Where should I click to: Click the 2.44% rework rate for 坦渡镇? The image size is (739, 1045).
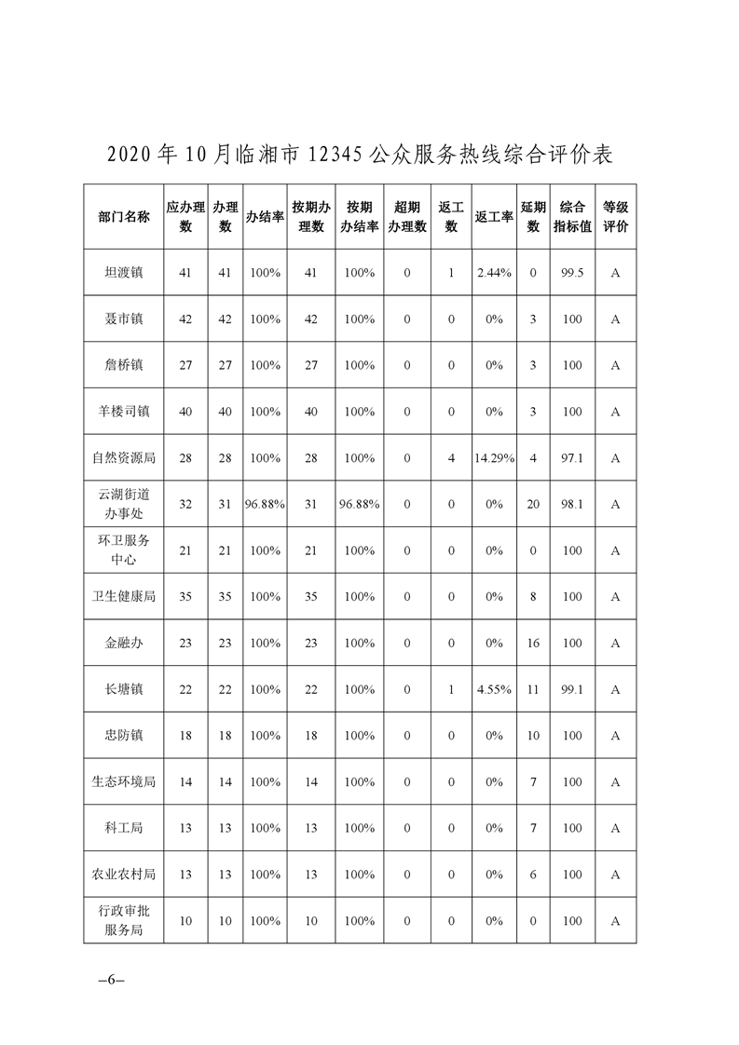494,273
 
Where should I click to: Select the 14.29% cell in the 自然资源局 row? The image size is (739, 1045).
494,458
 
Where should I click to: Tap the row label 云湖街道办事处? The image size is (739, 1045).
123,504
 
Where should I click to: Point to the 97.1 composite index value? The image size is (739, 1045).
572,458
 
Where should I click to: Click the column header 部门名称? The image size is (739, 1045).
123,217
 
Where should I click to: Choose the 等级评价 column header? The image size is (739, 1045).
615,217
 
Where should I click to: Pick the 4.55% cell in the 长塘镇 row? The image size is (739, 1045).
494,690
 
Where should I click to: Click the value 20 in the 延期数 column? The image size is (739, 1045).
533,504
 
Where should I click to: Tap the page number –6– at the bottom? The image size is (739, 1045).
111,981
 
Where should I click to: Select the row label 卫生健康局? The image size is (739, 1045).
123,597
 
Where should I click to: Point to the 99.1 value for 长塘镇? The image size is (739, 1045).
572,690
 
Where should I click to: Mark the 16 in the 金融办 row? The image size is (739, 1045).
533,644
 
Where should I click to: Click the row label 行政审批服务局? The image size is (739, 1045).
123,921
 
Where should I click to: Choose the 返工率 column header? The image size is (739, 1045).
494,217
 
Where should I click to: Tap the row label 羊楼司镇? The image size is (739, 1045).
123,412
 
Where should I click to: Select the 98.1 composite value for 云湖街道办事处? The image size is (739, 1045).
572,504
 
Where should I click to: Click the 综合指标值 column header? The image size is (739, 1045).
572,217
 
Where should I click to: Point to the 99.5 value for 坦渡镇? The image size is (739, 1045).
572,273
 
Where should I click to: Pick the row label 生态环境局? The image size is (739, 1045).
123,782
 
